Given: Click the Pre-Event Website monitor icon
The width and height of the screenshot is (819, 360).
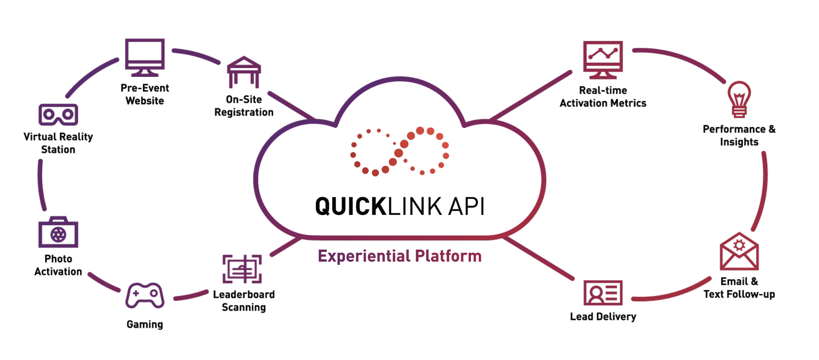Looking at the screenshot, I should pos(145,57).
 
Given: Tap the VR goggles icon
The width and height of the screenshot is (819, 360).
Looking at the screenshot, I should pos(58,115).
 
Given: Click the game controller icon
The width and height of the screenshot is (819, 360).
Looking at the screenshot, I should pos(145,295).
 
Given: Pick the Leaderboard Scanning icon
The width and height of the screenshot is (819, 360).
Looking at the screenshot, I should pos(242,269).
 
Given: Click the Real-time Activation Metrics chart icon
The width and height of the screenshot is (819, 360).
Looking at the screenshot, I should pos(603,59).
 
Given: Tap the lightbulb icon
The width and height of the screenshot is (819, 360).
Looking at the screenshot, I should pos(739,99).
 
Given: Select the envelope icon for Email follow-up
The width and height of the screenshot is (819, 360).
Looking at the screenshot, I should pos(739,252).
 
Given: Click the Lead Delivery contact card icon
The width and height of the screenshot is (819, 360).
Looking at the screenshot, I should pos(603,293).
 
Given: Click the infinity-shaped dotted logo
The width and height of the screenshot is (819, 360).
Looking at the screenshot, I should pos(399,151).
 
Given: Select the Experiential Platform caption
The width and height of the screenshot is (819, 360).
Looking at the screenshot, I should pos(399,256).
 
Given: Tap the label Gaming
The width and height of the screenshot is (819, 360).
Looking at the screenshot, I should pos(145,324).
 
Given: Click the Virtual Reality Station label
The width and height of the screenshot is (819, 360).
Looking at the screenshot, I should pos(58,143).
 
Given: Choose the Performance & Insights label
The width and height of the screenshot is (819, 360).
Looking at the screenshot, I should pos(739,135).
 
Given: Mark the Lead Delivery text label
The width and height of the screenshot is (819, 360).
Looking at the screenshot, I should pos(603,317).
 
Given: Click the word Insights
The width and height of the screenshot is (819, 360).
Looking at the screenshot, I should pos(739,142).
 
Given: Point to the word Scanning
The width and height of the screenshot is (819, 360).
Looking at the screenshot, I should pos(244,307).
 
